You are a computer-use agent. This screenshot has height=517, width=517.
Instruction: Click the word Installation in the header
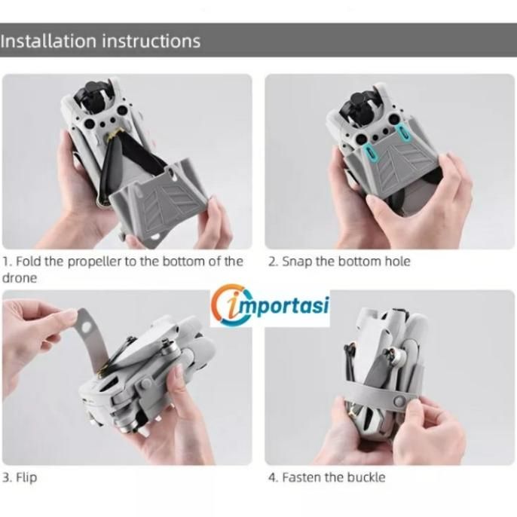pos(47,41)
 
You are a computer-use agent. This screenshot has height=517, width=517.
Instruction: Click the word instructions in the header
pos(151,41)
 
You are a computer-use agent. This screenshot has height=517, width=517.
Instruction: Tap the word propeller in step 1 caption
pos(95,262)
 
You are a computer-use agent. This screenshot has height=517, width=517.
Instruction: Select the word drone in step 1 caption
pos(20,278)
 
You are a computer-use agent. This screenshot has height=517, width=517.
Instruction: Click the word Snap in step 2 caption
pos(297,262)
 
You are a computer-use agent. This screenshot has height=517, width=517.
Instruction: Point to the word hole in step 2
pos(398,262)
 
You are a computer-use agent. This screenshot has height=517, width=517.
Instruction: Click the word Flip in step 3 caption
pos(26,478)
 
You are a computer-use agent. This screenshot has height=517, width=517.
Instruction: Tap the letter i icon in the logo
pos(236,305)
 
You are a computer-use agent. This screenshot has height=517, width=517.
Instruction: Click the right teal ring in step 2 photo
pos(402,132)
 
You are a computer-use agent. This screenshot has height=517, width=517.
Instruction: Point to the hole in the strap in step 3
pos(86,327)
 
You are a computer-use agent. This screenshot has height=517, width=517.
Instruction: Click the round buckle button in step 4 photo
pos(400,401)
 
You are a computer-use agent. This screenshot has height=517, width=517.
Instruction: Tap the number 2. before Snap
pos(273,262)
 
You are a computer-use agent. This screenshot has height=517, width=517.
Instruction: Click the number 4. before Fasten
pos(273,478)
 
